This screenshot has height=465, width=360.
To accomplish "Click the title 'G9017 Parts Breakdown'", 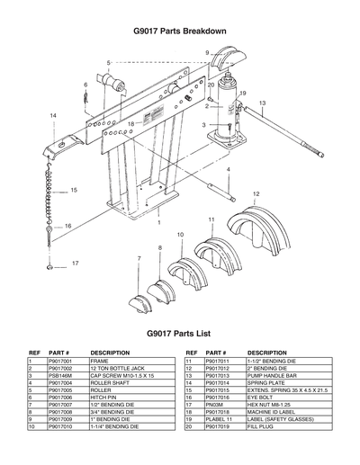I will click(x=180, y=31).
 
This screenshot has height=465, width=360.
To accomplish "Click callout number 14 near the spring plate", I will click(x=53, y=116).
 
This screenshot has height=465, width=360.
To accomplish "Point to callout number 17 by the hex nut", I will click(x=76, y=264).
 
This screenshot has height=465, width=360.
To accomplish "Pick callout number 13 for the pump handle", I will click(x=263, y=104).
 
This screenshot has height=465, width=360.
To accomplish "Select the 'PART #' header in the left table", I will click(x=59, y=353).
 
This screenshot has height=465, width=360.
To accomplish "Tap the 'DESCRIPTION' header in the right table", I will click(x=266, y=353).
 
